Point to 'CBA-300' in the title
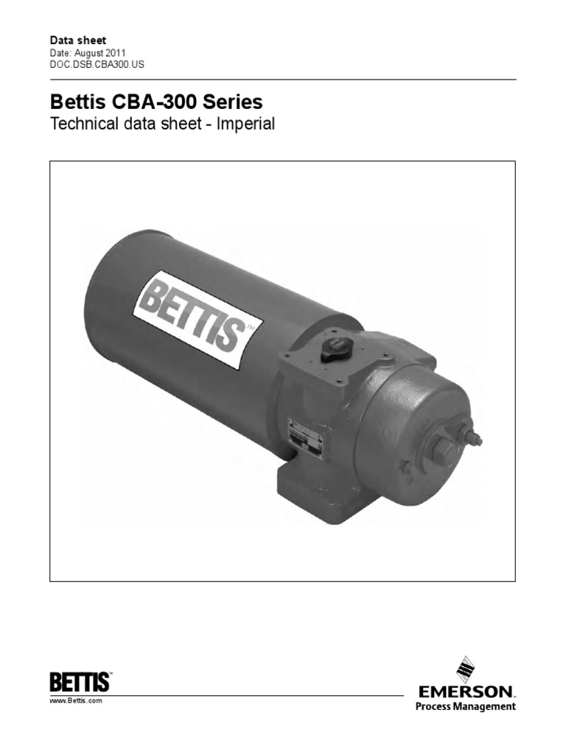coord(156,100)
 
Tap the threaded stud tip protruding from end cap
coord(476,440)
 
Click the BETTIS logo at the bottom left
coord(80,680)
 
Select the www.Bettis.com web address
coord(75,702)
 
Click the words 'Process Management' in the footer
coord(466,707)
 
